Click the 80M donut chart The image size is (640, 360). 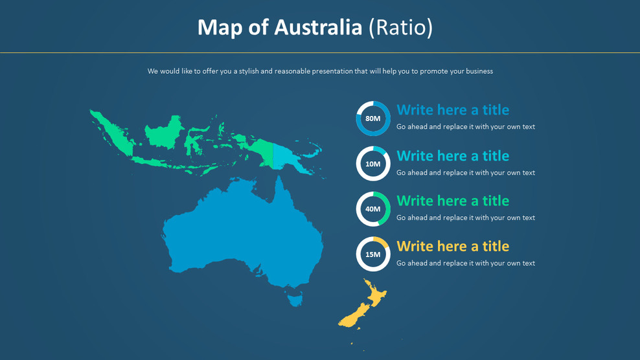[373, 118]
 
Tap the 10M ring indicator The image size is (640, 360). [373, 164]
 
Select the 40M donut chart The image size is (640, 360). [373, 209]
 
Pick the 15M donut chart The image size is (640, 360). [373, 254]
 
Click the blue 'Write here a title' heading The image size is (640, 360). [453, 109]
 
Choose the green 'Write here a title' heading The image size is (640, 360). [453, 201]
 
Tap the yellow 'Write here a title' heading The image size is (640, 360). [453, 246]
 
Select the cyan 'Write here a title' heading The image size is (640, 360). [453, 155]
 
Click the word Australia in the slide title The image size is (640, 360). [317, 27]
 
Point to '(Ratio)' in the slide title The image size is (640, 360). [400, 27]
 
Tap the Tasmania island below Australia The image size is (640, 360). [295, 299]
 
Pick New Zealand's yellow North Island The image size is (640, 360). [376, 295]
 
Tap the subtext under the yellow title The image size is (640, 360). [466, 264]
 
